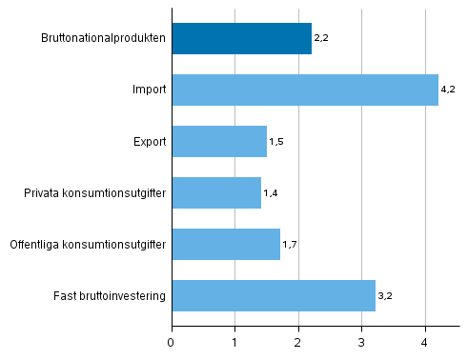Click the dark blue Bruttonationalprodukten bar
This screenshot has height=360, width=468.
point(241,39)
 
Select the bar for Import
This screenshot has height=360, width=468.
point(305,90)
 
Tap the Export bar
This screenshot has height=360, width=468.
point(219,142)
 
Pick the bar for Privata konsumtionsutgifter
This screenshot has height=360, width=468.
point(216,193)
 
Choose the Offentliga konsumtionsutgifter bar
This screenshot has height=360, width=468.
point(226,245)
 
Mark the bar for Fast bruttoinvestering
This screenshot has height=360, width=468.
point(274,296)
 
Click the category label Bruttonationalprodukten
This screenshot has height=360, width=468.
point(104,39)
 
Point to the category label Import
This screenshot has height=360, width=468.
point(150,90)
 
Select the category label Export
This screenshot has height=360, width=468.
point(150,142)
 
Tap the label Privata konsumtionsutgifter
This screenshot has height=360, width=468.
point(95,193)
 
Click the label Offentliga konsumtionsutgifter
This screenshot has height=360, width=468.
point(88,245)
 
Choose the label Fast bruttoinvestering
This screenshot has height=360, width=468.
point(111,296)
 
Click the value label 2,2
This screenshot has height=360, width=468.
point(320,39)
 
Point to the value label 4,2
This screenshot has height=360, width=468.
point(448,90)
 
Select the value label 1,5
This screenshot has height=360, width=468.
point(276,142)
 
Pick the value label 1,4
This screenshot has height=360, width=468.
point(270,193)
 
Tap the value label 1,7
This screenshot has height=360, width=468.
point(289,245)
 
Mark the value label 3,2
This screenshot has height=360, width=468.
point(384,296)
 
